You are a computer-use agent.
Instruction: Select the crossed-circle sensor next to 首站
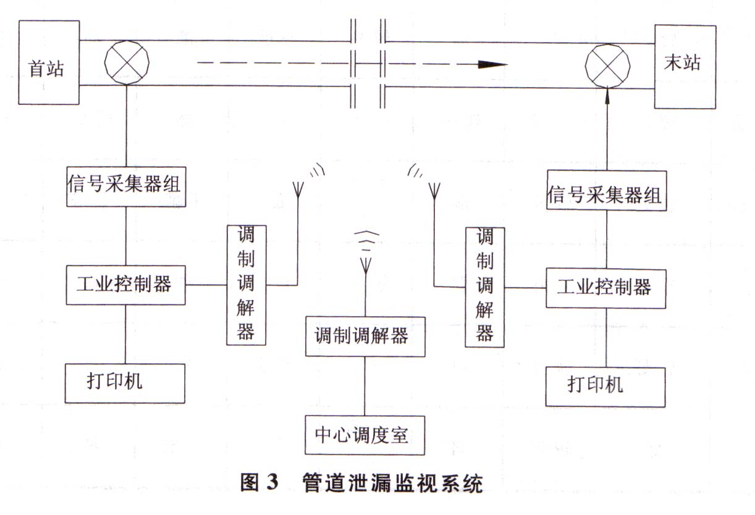(127, 64)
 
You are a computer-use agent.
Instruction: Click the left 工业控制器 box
(125, 285)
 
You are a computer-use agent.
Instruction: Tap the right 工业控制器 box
(605, 288)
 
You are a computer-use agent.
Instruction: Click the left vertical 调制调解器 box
(246, 284)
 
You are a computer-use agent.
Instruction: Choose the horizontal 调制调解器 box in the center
(365, 336)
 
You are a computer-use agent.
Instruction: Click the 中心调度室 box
(365, 435)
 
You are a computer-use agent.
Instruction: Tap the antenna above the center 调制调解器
(365, 262)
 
